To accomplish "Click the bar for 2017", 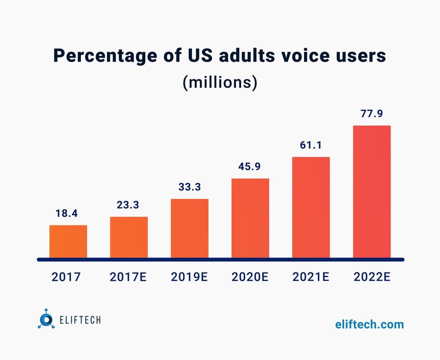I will [x=68, y=241].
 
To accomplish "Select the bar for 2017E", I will [x=129, y=237].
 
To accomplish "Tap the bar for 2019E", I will [x=190, y=228].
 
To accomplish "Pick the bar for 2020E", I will [x=250, y=218].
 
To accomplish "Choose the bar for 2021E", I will [x=311, y=207].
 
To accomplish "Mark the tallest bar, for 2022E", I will [x=372, y=192].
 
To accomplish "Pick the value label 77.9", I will [x=372, y=114].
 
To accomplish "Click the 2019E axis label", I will [x=190, y=277].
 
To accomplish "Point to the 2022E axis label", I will [x=372, y=277].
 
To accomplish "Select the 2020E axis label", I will [x=250, y=277].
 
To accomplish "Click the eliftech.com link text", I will [x=369, y=324].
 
